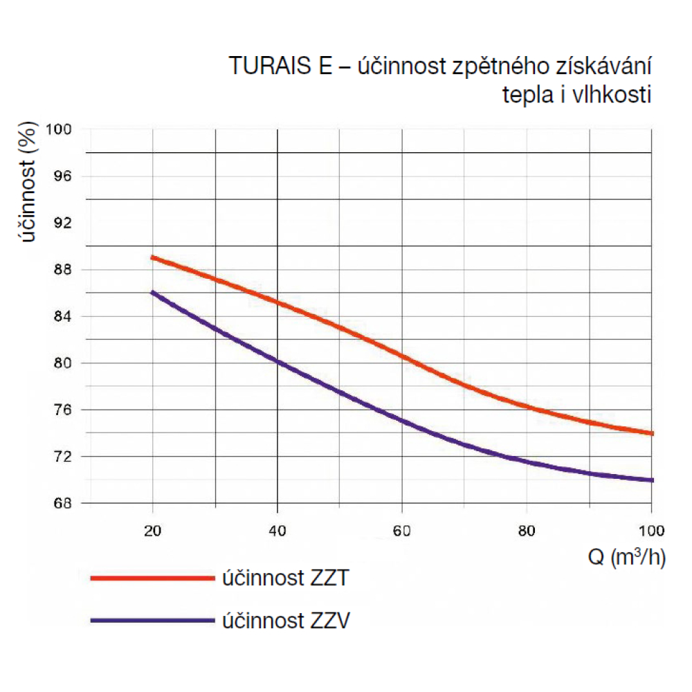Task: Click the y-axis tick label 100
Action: point(60,129)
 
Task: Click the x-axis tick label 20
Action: point(152,531)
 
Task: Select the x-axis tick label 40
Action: point(277,531)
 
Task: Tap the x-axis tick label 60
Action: point(402,531)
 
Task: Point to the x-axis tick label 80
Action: point(527,531)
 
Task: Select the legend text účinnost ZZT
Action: point(284,578)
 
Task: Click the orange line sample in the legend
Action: point(152,577)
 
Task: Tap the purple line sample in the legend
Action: point(152,620)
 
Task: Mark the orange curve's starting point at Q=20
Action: point(153,257)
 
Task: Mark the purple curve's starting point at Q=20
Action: point(153,293)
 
